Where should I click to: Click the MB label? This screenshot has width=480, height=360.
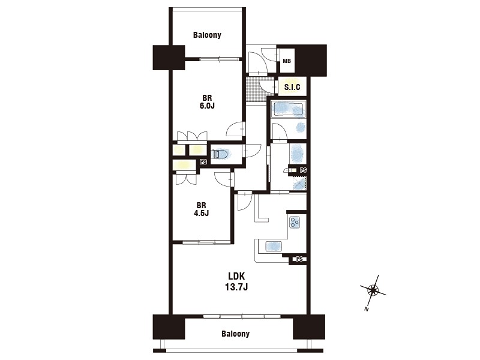(287, 61)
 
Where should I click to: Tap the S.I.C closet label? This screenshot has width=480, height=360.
(292, 87)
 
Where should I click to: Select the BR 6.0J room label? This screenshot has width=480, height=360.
(207, 102)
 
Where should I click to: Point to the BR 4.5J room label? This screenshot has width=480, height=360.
(201, 209)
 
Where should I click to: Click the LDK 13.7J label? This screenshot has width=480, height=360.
(236, 281)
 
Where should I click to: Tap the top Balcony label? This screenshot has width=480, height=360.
(207, 35)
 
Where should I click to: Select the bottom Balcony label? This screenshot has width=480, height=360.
(235, 334)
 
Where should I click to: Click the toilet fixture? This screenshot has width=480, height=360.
(221, 154)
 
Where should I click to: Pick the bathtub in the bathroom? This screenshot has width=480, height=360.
(289, 109)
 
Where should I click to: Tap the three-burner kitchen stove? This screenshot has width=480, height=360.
(295, 222)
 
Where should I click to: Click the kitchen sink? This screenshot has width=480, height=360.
(274, 246)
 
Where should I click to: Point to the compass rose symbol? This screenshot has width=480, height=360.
(373, 289)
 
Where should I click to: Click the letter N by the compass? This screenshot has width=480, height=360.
(366, 310)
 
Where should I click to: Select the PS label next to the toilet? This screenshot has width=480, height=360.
(203, 162)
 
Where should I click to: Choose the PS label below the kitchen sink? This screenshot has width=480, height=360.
(299, 259)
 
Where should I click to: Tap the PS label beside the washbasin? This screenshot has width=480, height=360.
(303, 170)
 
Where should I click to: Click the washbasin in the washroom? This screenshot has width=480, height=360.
(298, 153)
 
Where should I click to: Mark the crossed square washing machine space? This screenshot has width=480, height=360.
(299, 184)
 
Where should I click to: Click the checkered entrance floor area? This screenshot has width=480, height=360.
(256, 88)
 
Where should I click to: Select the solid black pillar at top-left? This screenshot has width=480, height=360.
(169, 57)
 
